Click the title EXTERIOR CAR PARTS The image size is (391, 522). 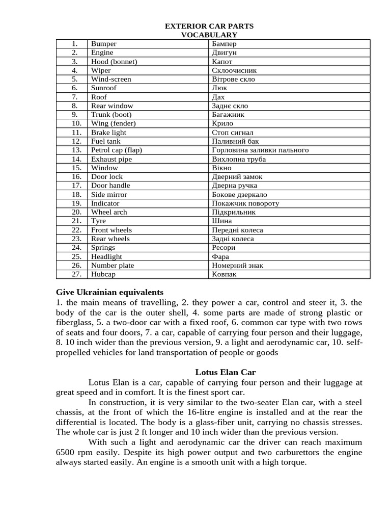click(x=209, y=26)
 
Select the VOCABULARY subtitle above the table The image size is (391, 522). click(x=209, y=35)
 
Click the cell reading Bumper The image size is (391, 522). click(x=104, y=44)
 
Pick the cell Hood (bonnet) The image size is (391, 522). click(x=114, y=62)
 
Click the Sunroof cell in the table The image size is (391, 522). click(x=104, y=88)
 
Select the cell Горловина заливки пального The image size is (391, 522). click(x=260, y=150)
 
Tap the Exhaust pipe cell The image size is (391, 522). click(x=111, y=159)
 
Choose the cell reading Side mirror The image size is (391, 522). click(x=109, y=194)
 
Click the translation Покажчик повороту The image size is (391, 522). click(x=245, y=203)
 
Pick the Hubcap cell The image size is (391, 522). click(x=103, y=274)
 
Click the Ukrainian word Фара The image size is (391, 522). click(x=220, y=256)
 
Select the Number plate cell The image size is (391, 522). click(x=113, y=265)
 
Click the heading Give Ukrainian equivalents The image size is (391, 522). click(x=109, y=292)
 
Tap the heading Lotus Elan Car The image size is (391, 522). click(x=226, y=372)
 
